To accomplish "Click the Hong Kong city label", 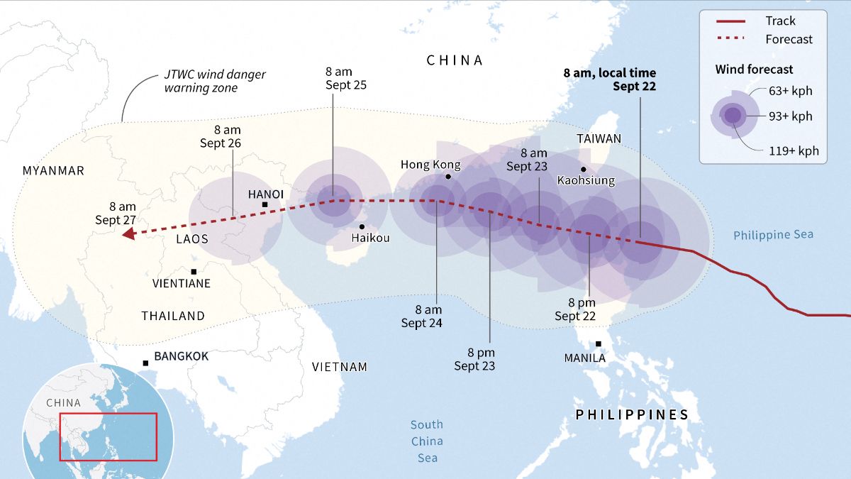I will [430, 165].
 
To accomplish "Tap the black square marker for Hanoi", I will [265, 205].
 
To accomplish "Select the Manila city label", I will [584, 358].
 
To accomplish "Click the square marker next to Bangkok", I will [145, 363].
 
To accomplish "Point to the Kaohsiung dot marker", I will [583, 169].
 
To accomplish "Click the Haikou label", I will [370, 238].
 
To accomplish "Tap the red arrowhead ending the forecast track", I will [128, 235].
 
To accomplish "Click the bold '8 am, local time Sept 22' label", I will [610, 79].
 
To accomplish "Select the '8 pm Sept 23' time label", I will [475, 359].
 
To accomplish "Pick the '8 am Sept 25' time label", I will [346, 78].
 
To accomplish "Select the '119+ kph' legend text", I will [794, 150].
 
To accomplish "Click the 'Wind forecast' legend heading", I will [754, 70].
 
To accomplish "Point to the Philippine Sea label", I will [773, 235].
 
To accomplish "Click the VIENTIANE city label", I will [182, 283].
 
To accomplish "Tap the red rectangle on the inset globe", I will [108, 436].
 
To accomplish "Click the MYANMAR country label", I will [53, 170].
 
